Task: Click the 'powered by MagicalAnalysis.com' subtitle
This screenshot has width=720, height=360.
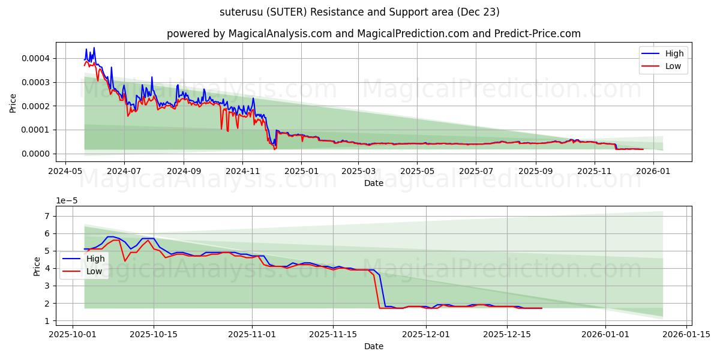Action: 373,34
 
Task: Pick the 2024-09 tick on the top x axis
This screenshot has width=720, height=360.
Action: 183,171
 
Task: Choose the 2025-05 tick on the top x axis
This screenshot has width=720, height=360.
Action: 417,171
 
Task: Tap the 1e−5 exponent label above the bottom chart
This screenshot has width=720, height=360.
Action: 67,201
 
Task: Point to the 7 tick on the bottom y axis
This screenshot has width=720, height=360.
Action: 47,216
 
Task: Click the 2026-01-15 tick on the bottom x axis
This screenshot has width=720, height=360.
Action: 685,334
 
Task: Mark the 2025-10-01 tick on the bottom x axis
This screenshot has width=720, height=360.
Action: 73,334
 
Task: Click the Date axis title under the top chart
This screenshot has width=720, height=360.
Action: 373,183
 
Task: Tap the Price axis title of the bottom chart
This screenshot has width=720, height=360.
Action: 37,266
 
